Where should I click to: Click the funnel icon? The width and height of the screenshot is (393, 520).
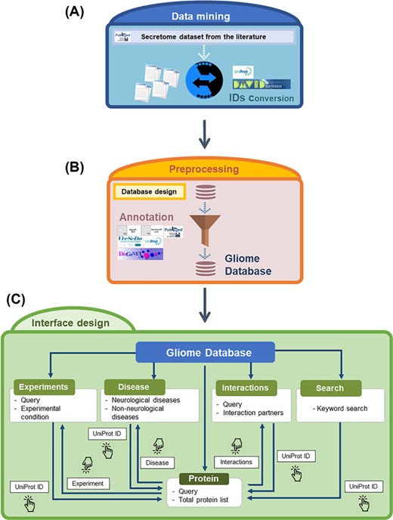point(200,224)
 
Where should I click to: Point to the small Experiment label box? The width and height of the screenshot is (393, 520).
point(86,481)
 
